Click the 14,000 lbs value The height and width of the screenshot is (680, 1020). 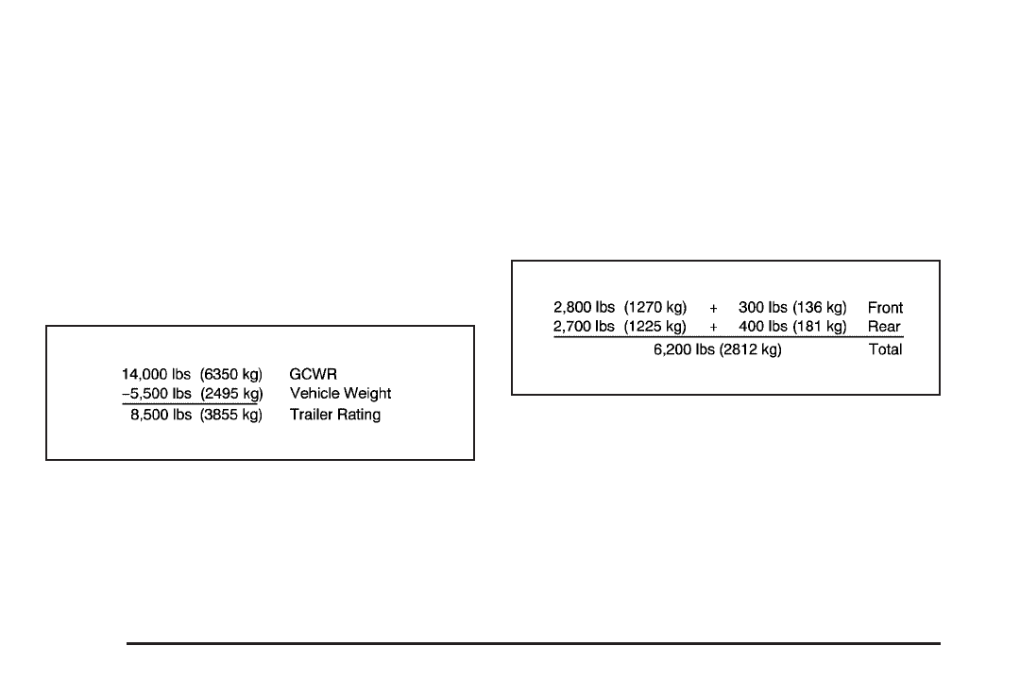[156, 373]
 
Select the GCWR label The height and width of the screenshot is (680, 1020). [313, 373]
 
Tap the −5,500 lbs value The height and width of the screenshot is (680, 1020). [156, 394]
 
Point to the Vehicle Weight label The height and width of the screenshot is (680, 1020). [340, 394]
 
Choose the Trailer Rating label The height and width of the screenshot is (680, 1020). [335, 415]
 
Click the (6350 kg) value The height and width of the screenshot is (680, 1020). [231, 373]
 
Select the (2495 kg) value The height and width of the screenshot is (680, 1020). [231, 394]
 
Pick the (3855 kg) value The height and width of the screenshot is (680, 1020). [231, 415]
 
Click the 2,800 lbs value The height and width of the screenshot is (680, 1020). [584, 308]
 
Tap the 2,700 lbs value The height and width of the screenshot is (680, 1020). [584, 327]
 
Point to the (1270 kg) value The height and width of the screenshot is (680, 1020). [654, 308]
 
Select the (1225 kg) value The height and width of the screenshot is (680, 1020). [654, 327]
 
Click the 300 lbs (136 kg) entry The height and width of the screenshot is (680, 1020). [792, 308]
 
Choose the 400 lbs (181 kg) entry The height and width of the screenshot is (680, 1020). [792, 327]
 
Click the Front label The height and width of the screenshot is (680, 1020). [885, 308]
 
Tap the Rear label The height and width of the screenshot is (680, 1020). [884, 327]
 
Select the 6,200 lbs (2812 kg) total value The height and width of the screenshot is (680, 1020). [718, 349]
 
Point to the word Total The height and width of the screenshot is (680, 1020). [885, 349]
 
